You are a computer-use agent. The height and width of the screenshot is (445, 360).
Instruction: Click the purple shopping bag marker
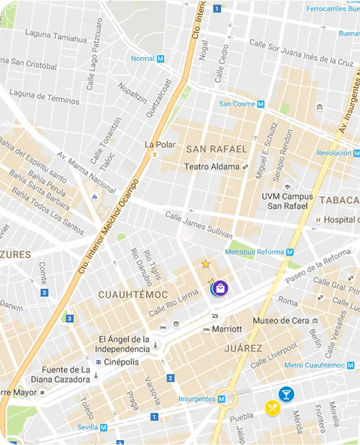tap(220, 288)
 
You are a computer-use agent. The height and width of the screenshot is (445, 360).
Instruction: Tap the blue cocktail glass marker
tap(286, 394)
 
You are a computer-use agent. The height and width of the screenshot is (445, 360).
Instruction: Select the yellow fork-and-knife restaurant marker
tap(273, 408)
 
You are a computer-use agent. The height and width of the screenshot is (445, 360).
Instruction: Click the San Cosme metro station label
tap(241, 104)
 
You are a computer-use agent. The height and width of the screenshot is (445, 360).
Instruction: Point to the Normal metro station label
tap(147, 59)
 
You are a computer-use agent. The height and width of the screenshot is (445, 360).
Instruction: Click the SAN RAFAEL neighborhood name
tap(216, 149)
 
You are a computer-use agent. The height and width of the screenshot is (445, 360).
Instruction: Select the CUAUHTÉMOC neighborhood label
tap(132, 295)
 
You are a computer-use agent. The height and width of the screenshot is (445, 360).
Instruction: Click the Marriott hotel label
tap(226, 329)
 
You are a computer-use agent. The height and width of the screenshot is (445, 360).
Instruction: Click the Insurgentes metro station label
tap(201, 399)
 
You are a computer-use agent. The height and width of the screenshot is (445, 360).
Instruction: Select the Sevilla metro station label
tap(92, 427)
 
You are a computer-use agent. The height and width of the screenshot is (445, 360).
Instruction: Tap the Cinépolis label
tap(120, 362)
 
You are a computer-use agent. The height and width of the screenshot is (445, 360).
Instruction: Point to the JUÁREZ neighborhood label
tap(243, 348)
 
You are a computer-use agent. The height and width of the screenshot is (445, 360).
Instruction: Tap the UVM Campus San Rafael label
tap(288, 201)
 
